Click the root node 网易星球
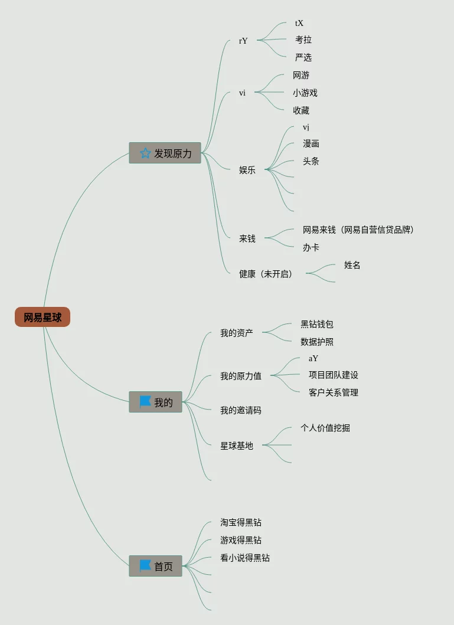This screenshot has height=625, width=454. pyautogui.click(x=43, y=318)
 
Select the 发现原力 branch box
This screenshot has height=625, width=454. pyautogui.click(x=165, y=153)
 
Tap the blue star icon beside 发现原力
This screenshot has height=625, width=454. pyautogui.click(x=145, y=153)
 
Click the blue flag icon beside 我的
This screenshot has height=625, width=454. pyautogui.click(x=145, y=402)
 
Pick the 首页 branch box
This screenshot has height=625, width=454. pyautogui.click(x=155, y=566)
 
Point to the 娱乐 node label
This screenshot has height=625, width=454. pyautogui.click(x=247, y=170)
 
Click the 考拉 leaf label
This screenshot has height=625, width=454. pyautogui.click(x=303, y=40)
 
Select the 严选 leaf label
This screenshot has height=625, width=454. pyautogui.click(x=303, y=57)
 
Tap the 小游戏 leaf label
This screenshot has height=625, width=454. pyautogui.click(x=305, y=93)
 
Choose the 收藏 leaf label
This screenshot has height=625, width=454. pyautogui.click(x=301, y=110)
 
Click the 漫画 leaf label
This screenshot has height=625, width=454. pyautogui.click(x=311, y=143)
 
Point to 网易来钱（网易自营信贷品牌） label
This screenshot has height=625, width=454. pyautogui.click(x=358, y=230)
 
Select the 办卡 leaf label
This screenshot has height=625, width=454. pyautogui.click(x=311, y=247)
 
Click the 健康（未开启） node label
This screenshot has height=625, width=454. pyautogui.click(x=266, y=274)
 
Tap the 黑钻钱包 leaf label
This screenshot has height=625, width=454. pyautogui.click(x=317, y=324)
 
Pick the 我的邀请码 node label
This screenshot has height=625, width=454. pyautogui.click(x=241, y=410)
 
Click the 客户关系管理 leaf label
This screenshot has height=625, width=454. pyautogui.click(x=334, y=392)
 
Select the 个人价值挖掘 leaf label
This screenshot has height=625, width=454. pyautogui.click(x=325, y=428)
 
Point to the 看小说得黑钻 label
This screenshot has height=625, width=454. pyautogui.click(x=245, y=558)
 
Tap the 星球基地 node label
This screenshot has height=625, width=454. pyautogui.click(x=237, y=446)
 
